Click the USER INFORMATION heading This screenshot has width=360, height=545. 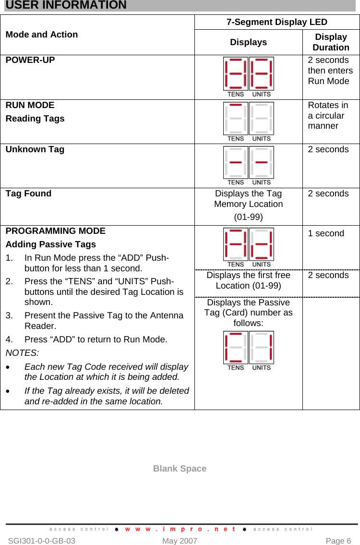[66, 5]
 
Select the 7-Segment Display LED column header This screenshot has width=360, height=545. [276, 22]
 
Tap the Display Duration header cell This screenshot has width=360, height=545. [331, 42]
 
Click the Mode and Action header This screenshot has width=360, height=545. [42, 35]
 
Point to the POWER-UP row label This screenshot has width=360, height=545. [30, 61]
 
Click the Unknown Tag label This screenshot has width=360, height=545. [35, 149]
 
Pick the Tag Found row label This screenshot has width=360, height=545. [29, 194]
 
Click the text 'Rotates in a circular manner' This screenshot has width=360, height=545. [328, 116]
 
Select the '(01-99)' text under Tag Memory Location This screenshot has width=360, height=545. [248, 217]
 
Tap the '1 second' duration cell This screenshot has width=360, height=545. [326, 233]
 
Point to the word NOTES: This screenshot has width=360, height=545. [22, 353]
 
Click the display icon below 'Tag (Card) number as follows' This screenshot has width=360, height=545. [248, 350]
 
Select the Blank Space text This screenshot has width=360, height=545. [180, 469]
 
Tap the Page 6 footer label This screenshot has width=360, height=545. [338, 541]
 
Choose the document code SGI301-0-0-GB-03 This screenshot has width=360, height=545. [42, 541]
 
